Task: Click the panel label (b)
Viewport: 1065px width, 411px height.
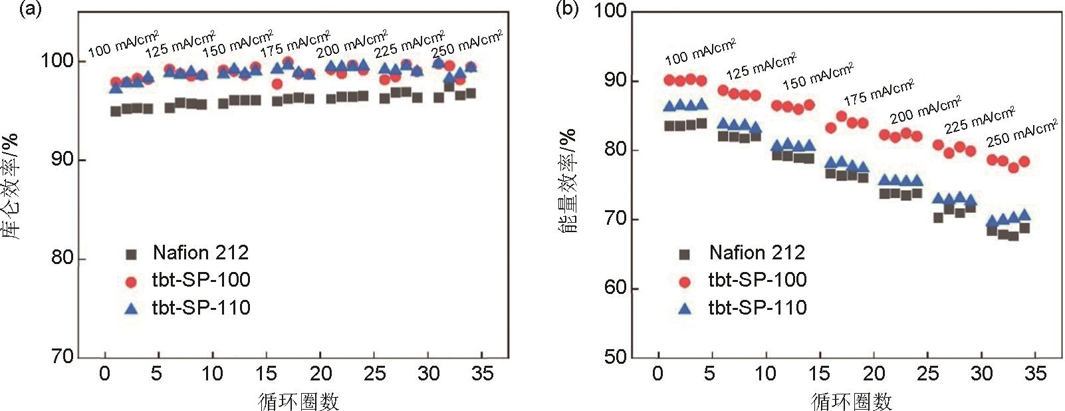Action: click(567, 9)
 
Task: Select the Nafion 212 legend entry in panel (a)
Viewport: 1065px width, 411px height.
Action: click(200, 253)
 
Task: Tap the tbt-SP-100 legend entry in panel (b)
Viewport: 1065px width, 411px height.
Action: click(757, 280)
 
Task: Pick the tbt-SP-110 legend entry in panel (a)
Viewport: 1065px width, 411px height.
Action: click(201, 308)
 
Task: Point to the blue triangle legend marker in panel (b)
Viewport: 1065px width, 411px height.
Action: click(685, 309)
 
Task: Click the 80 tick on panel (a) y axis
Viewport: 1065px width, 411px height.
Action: click(63, 258)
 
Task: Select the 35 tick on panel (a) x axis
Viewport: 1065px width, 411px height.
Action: click(483, 374)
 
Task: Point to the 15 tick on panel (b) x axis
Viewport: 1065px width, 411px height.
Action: click(820, 374)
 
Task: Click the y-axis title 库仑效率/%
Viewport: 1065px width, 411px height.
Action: click(11, 186)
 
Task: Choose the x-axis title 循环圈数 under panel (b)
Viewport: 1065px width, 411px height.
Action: click(852, 401)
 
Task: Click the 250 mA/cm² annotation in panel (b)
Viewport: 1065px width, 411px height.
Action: click(1021, 133)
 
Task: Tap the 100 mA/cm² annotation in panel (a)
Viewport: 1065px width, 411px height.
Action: click(123, 45)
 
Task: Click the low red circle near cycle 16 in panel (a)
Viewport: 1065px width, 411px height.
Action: click(277, 84)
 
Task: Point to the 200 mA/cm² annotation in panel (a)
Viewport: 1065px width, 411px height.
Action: click(352, 44)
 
